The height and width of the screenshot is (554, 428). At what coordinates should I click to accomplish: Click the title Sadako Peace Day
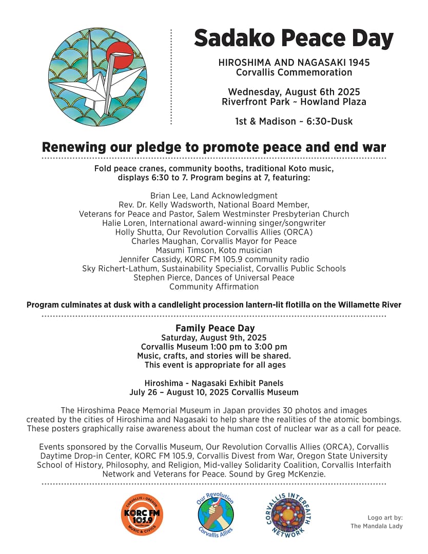pos(294,39)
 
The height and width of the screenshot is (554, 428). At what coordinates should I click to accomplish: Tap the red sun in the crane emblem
pos(120,54)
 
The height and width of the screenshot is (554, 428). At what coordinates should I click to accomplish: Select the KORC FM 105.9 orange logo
pos(142,514)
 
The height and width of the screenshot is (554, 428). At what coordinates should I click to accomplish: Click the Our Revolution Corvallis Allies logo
pos(216,514)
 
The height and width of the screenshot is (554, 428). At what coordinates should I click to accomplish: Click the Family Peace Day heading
pos(215,328)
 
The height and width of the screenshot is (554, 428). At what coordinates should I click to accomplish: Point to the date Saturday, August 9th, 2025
pos(214,337)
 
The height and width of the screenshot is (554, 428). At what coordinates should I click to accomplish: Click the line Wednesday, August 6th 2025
pos(294,92)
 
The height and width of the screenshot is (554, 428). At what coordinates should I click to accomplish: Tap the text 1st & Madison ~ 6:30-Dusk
pos(294,122)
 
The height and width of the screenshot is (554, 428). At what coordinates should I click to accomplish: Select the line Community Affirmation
pos(214,286)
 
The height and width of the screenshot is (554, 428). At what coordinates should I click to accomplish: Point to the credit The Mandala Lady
pos(377,526)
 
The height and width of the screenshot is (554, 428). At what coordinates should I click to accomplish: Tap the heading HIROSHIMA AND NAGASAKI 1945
pos(294,63)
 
